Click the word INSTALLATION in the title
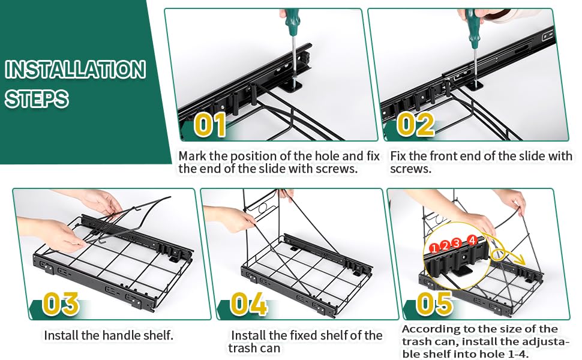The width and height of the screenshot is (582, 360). pos(76,70)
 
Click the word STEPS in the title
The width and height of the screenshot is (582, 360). pos(37,99)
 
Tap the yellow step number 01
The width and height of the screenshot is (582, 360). pos(210,125)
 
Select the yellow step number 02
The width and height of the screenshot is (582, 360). pos(415,125)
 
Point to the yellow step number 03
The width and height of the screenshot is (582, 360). pos(61,304)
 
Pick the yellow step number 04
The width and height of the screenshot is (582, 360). pos(249,304)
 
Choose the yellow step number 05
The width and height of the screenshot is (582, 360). pos(434,304)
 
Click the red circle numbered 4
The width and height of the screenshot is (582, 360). pos(472,240)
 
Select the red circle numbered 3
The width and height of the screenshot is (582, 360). pos(457,244)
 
